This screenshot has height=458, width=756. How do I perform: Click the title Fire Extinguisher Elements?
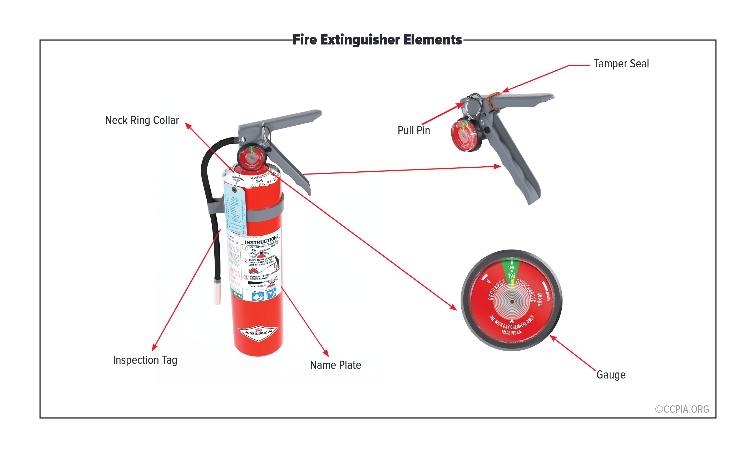click(377, 40)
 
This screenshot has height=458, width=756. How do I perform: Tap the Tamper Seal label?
click(621, 64)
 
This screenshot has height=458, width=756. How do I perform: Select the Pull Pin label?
click(414, 130)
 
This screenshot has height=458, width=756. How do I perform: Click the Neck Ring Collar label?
click(142, 120)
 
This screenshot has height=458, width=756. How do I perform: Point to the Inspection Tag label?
click(145, 360)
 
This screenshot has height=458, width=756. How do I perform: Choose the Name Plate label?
click(335, 365)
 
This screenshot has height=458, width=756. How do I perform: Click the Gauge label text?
click(611, 375)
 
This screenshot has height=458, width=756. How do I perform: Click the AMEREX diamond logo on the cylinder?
click(258, 332)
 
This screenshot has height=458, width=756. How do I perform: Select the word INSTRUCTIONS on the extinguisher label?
click(262, 240)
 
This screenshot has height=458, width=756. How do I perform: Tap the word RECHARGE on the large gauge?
click(496, 289)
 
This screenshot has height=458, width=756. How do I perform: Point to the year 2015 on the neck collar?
click(260, 181)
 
